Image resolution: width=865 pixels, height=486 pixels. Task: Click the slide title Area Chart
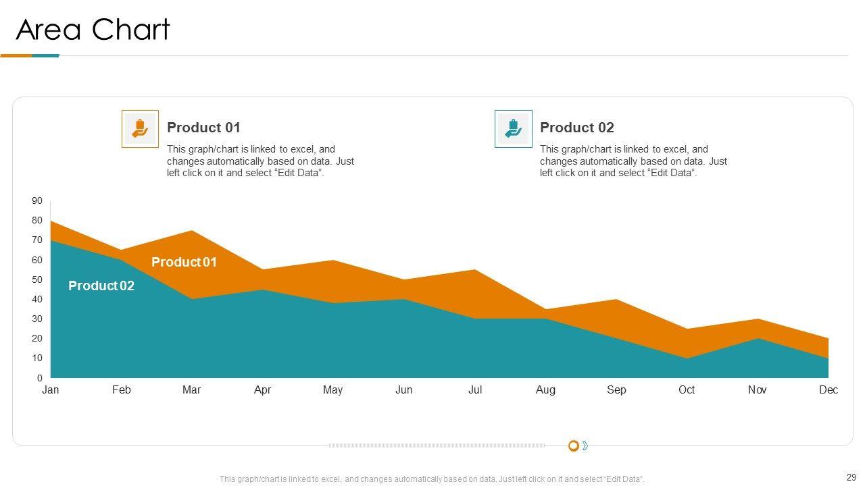click(93, 30)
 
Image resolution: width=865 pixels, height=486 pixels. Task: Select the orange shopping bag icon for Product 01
click(140, 128)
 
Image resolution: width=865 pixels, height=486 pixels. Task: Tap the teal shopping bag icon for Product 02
click(513, 128)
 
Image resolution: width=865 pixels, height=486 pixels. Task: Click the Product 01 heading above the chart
click(203, 128)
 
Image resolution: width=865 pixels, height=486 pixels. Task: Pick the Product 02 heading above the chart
click(576, 128)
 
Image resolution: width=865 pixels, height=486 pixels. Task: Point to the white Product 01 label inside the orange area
click(184, 262)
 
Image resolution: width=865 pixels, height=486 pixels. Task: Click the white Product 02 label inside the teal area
click(101, 286)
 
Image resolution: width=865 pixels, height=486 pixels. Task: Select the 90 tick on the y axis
click(36, 201)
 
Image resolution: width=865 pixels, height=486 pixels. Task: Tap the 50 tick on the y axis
click(36, 279)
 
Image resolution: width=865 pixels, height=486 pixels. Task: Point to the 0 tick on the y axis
click(39, 378)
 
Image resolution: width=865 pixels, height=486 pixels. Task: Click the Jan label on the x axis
click(51, 389)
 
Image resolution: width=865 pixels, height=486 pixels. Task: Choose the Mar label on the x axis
click(191, 389)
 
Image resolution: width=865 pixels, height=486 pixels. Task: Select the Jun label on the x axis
click(403, 389)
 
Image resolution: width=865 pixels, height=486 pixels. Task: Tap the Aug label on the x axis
click(545, 389)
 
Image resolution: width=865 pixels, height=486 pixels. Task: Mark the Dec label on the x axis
click(828, 389)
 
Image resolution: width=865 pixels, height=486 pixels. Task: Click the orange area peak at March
click(192, 232)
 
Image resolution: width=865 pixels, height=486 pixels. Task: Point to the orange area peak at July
click(475, 271)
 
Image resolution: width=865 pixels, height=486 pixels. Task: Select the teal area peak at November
click(758, 340)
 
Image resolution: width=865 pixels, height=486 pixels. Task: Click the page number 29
click(850, 477)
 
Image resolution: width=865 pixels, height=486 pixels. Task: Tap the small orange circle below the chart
click(573, 446)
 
